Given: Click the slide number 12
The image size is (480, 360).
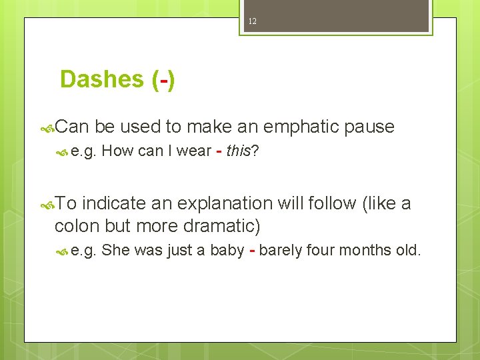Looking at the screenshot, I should click(x=252, y=21).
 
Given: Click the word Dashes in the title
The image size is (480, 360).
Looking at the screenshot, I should click(x=101, y=79).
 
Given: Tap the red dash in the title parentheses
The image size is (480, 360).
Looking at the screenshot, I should click(x=163, y=80).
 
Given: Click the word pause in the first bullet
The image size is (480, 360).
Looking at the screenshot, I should click(x=369, y=127).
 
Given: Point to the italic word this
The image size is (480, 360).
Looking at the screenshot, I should click(x=238, y=151).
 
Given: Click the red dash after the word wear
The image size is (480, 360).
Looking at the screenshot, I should click(x=219, y=151).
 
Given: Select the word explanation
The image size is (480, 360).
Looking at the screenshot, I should click(x=216, y=203).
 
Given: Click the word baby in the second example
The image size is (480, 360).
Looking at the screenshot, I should click(x=227, y=251).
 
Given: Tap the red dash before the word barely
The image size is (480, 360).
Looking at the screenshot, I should click(x=252, y=251).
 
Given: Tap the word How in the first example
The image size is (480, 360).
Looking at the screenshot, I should click(x=117, y=151).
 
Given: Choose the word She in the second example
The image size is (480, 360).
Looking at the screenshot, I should click(x=116, y=251).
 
